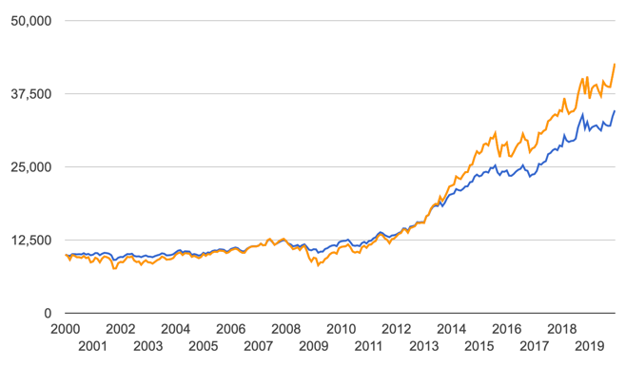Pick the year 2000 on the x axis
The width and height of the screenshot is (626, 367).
(65, 328)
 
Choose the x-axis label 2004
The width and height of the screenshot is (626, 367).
(175, 328)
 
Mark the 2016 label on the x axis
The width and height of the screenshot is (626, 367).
(506, 328)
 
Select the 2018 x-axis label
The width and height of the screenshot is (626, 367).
(561, 328)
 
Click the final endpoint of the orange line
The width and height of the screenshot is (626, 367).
(615, 64)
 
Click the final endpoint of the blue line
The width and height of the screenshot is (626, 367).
(615, 111)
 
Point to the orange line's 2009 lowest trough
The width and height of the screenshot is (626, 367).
(318, 265)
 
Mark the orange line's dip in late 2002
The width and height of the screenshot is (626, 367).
(114, 269)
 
